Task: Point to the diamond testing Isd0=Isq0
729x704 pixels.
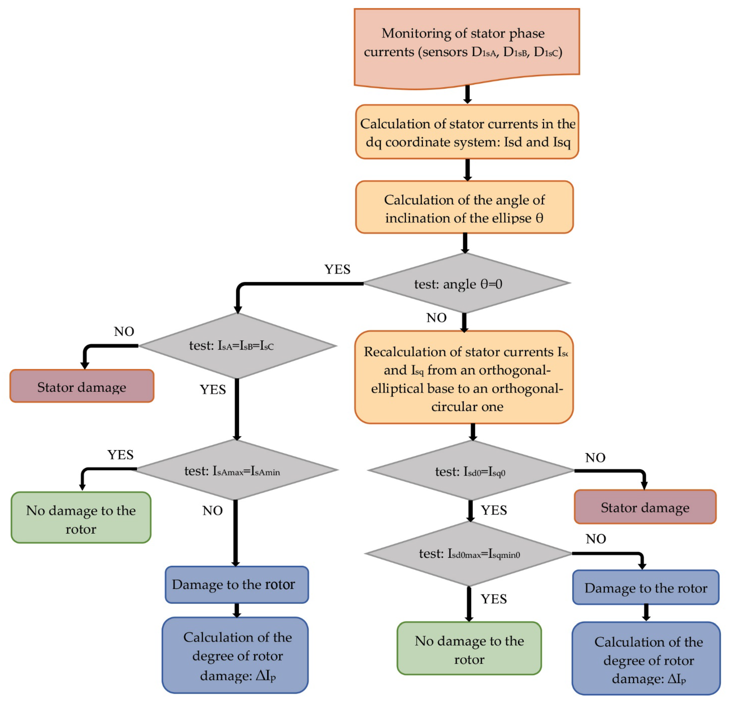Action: tap(470, 471)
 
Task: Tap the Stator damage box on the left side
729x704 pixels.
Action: tap(82, 386)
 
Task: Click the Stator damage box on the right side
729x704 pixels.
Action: tap(645, 507)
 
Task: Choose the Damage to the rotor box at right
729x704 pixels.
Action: tap(646, 588)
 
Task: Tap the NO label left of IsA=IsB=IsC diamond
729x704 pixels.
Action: tap(124, 332)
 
